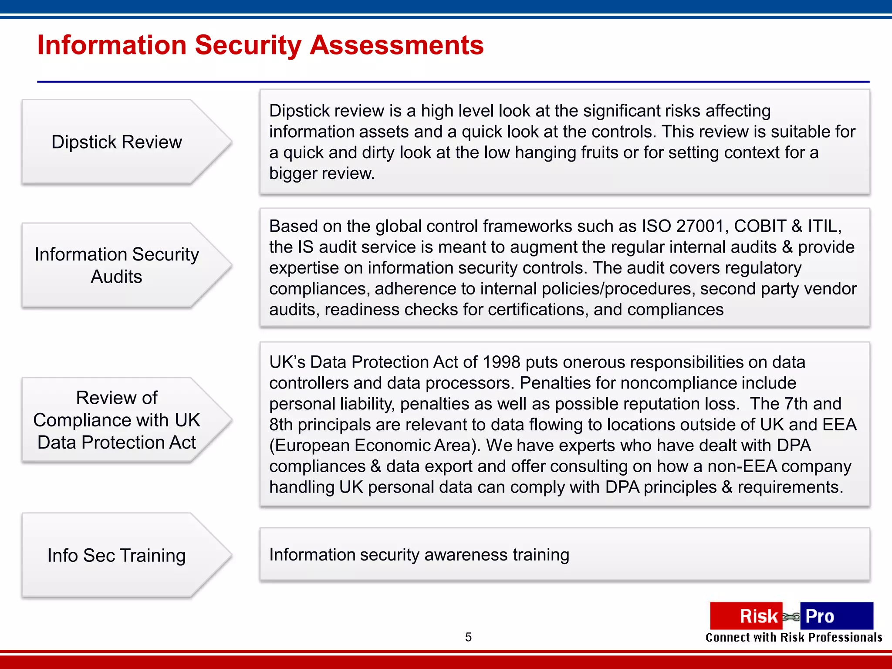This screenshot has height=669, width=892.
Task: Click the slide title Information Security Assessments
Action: point(260,45)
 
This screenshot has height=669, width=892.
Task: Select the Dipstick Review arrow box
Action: point(117,142)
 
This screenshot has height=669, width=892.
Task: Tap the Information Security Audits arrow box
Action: point(117,265)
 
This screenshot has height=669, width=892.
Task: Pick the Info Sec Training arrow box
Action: point(117,555)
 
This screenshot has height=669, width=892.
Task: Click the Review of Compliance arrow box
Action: point(117,420)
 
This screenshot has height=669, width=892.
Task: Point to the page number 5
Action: point(468,637)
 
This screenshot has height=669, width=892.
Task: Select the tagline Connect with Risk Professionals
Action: point(794,638)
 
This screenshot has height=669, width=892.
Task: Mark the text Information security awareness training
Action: point(419,554)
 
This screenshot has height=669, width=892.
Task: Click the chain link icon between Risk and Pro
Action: point(791,617)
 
